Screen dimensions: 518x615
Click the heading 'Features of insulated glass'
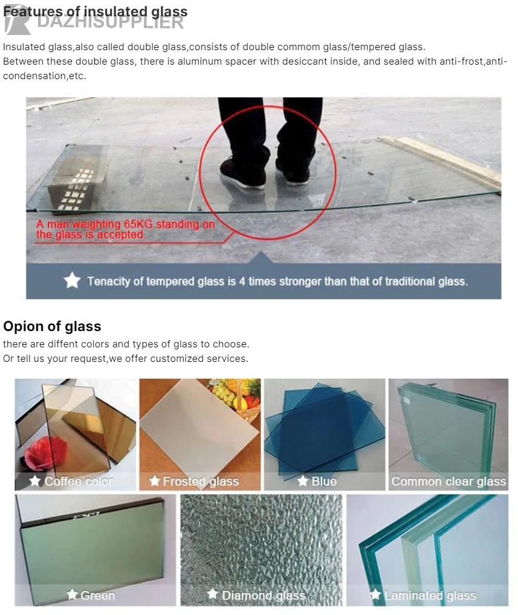[x=96, y=11]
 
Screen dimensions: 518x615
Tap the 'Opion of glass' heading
[x=52, y=326]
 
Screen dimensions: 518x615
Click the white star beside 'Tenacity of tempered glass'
[x=72, y=281]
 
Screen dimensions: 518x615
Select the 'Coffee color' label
[x=79, y=481]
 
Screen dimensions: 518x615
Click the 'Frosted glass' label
[x=201, y=481]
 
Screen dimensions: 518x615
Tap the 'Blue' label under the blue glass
[x=324, y=481]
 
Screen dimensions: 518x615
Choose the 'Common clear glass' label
[x=448, y=481]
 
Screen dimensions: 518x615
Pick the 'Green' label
[x=98, y=596]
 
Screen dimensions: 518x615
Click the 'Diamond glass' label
[x=264, y=596]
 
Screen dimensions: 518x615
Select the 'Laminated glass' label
[x=430, y=596]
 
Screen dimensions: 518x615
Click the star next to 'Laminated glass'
[x=375, y=594]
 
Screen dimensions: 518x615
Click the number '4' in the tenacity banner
[x=242, y=282]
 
